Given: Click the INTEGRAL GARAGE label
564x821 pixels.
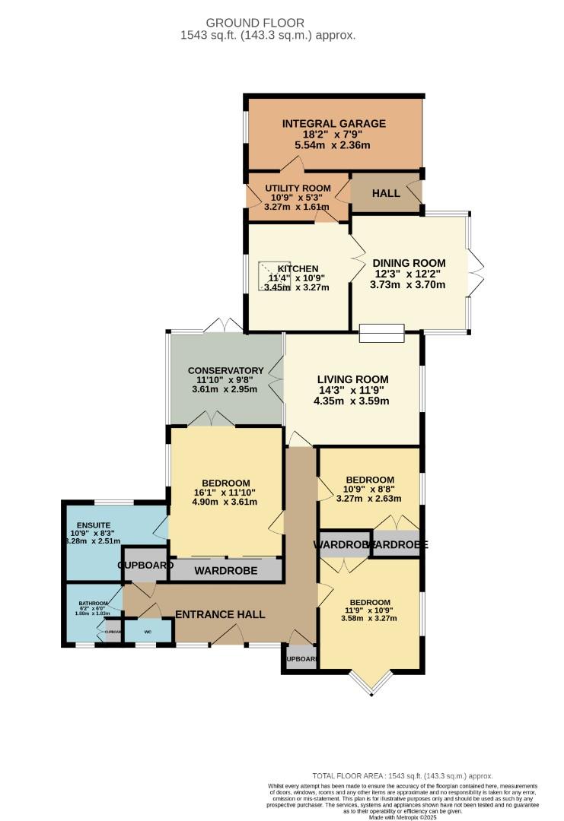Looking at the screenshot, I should (x=334, y=124).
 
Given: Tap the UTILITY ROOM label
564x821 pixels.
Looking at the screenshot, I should (x=298, y=189).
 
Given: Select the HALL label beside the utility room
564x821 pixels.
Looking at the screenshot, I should (x=386, y=194).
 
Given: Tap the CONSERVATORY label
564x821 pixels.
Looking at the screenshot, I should (x=226, y=371).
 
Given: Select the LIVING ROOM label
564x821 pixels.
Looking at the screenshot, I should (x=352, y=379).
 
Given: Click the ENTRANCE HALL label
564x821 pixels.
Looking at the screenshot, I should (x=220, y=614).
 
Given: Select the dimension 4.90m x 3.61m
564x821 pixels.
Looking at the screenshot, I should (x=225, y=502).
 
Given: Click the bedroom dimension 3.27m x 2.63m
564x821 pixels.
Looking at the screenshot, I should (x=370, y=499).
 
